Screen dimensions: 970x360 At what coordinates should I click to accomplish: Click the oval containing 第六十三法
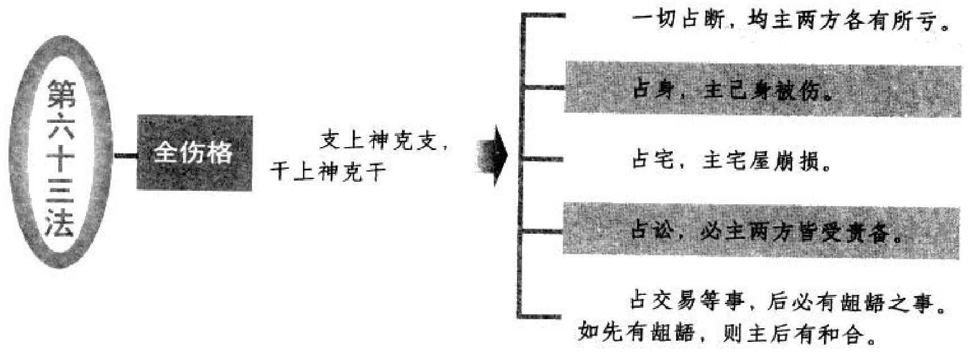(61, 152)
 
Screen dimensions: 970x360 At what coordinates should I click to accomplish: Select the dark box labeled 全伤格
(194, 152)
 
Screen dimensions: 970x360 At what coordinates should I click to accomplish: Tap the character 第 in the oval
(61, 93)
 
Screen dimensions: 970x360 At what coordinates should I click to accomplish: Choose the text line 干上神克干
(328, 172)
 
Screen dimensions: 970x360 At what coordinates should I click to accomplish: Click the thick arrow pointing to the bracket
(494, 156)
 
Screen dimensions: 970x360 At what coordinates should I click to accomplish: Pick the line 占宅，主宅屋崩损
(731, 161)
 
